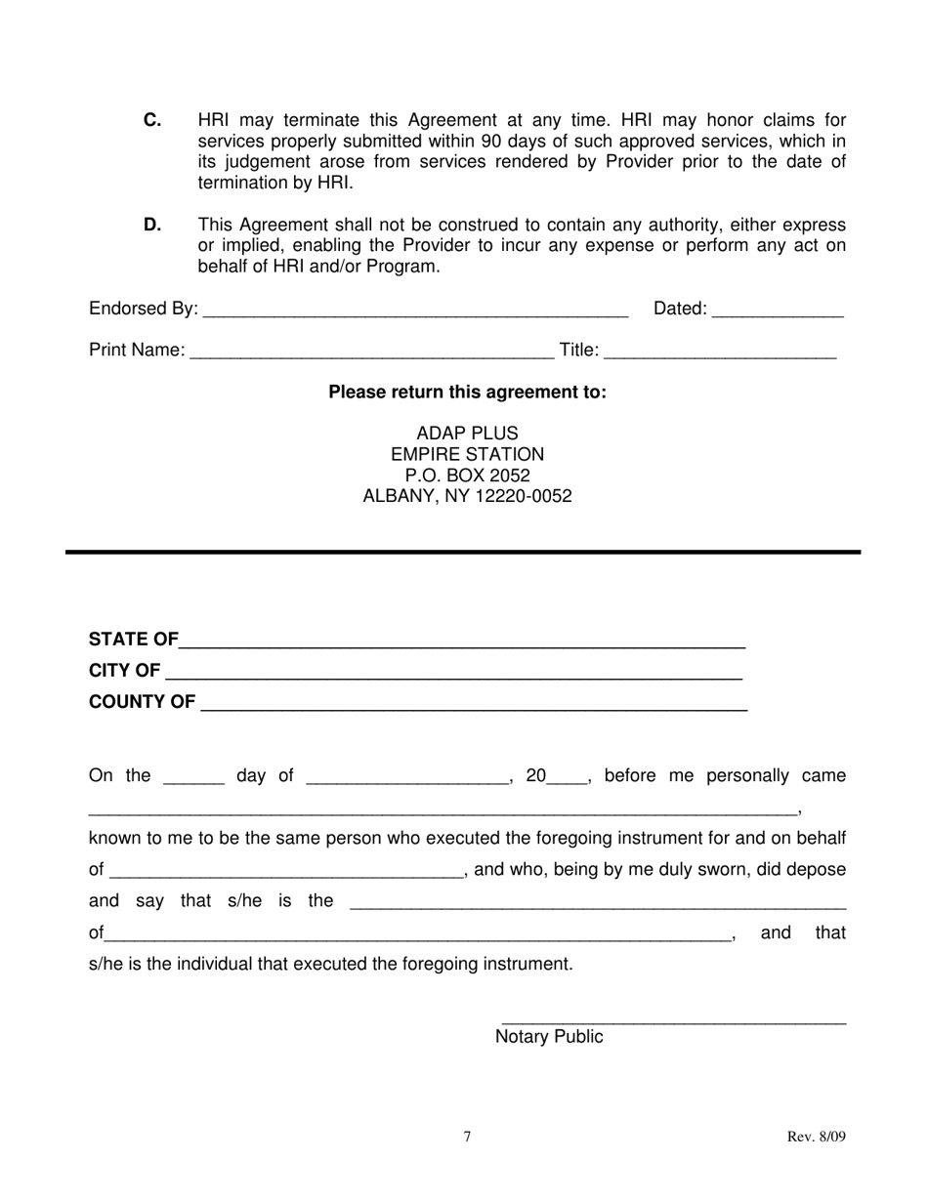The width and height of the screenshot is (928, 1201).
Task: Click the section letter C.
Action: [152, 120]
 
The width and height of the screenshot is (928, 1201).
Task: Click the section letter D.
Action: [152, 224]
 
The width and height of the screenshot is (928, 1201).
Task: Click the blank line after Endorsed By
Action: [415, 311]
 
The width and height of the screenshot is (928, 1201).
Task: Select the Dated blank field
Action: [778, 311]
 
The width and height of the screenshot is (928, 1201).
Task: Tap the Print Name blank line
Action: [371, 352]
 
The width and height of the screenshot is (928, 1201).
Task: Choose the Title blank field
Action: [722, 352]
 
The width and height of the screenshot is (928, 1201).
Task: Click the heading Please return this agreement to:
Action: [467, 393]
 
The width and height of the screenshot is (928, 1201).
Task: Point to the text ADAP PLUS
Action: [467, 433]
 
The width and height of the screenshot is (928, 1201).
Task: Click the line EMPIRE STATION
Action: [467, 454]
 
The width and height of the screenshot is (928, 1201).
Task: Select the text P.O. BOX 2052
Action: [467, 476]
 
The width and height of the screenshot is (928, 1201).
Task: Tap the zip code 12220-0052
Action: [524, 496]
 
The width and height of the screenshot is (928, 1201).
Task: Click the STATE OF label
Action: [133, 640]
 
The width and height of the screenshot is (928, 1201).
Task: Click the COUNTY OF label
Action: [142, 702]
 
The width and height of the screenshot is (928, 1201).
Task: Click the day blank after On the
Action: [193, 778]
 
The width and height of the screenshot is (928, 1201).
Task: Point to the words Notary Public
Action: [549, 1037]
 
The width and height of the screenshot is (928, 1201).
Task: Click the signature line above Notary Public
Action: [673, 1021]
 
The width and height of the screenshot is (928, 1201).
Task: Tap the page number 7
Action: [467, 1137]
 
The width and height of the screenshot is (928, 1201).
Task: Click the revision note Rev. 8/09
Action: [817, 1137]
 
